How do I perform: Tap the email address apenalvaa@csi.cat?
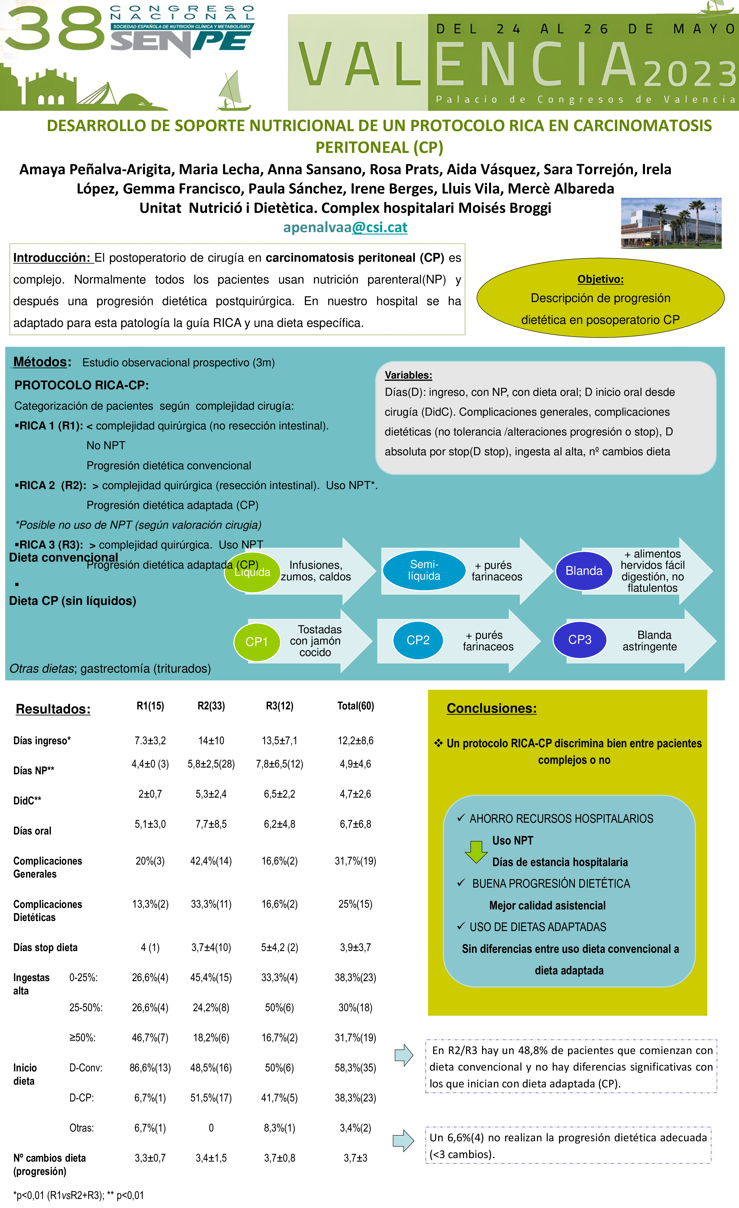point(345,227)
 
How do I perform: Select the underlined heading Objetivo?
point(600,279)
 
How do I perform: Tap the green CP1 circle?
point(256,642)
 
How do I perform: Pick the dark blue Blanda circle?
point(584,571)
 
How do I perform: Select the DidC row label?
point(28,801)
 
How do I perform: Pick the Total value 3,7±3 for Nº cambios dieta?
point(355,1158)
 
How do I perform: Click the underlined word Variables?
point(408,375)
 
